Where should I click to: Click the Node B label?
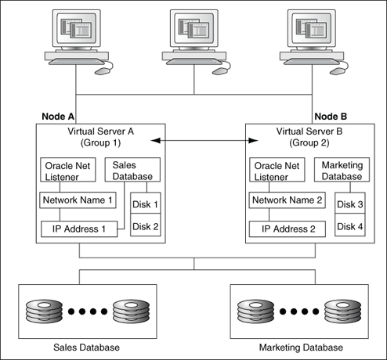pos(330,116)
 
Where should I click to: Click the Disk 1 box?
pos(144,204)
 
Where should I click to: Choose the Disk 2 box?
pos(144,226)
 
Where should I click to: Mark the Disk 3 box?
pos(349,204)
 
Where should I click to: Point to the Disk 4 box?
pos(349,226)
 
